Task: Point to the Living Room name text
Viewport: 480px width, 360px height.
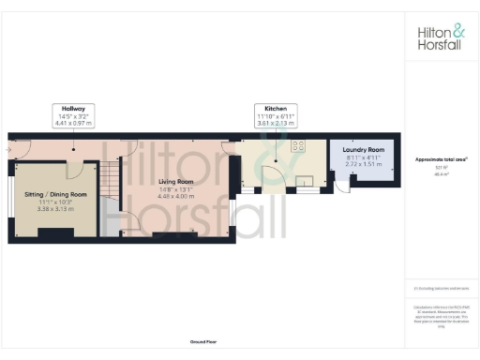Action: pos(176,181)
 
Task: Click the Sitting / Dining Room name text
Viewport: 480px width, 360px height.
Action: pos(54,193)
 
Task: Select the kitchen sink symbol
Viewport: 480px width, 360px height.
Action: pos(303,181)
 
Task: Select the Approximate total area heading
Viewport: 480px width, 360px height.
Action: pos(442,159)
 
